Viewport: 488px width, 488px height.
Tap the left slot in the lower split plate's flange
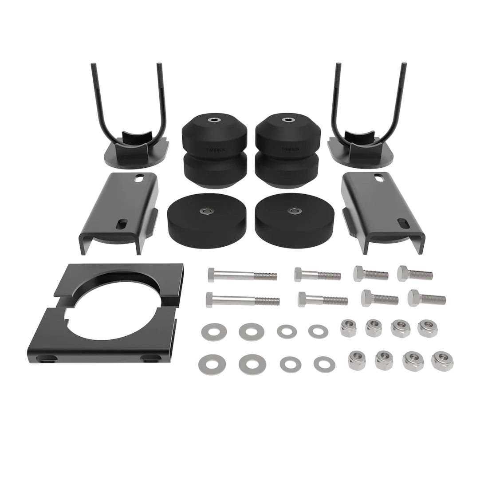(50, 358)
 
